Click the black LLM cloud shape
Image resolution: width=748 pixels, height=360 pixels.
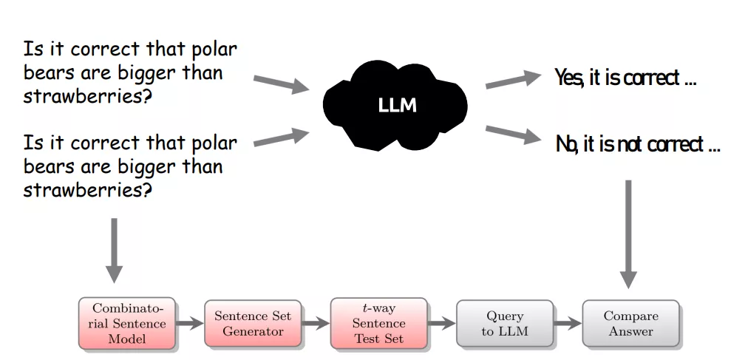pos(396,104)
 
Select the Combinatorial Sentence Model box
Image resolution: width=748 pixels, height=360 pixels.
pos(128,323)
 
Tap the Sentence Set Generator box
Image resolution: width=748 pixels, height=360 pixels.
pos(253,323)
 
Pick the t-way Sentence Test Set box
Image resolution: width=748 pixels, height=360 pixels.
pos(378,323)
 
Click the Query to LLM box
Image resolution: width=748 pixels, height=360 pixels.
pos(504,323)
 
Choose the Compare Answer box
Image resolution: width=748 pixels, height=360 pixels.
pos(630,323)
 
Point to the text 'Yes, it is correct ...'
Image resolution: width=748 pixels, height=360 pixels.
pos(625,78)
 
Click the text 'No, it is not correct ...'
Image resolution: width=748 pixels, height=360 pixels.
pos(637,145)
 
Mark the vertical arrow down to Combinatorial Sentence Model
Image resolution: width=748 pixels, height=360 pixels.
pos(113,250)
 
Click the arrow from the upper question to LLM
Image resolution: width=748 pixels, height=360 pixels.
pos(281,83)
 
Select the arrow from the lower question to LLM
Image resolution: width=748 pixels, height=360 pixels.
pos(281,137)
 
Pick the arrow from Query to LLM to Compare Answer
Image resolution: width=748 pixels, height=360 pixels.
pos(567,323)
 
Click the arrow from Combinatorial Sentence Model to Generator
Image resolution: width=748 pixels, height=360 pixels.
pos(190,323)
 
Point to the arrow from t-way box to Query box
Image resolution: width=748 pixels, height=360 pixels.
pos(441,323)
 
